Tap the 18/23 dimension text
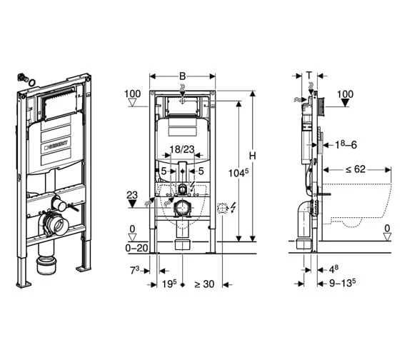(x=184, y=149)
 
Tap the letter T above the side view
(x=309, y=74)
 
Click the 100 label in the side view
(x=344, y=94)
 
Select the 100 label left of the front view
(x=132, y=94)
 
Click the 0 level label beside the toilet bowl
(x=386, y=229)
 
